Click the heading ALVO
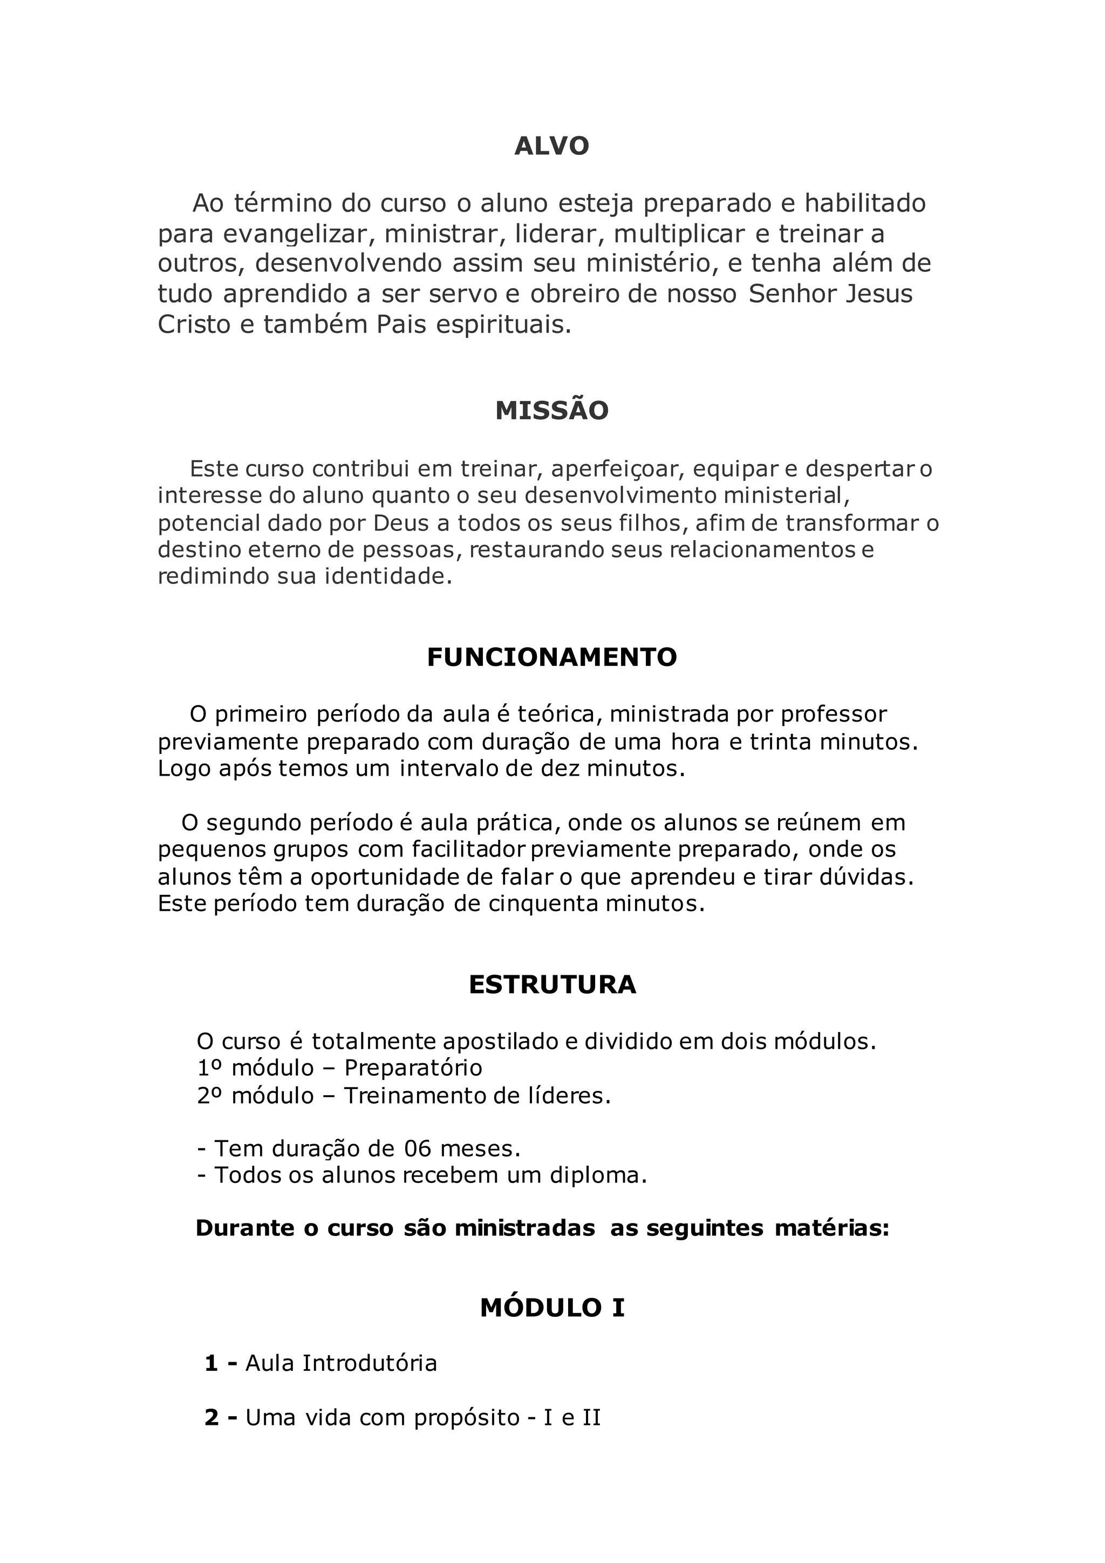[552, 146]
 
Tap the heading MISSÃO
[552, 411]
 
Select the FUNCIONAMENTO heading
[552, 657]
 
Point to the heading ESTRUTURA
[552, 985]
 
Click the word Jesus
[878, 294]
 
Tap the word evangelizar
[299, 234]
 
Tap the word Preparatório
[413, 1068]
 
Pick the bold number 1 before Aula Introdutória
[212, 1363]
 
